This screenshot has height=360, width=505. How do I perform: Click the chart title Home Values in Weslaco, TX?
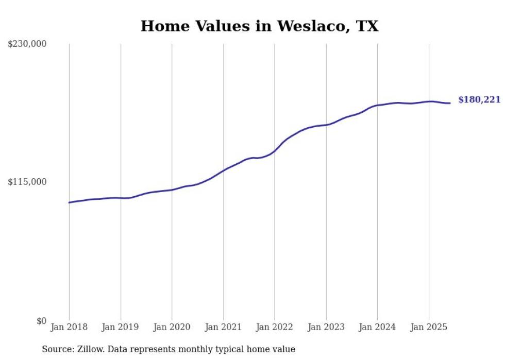[259, 26]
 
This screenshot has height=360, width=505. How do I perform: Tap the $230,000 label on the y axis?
[27, 44]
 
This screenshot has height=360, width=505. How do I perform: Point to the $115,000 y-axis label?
[27, 182]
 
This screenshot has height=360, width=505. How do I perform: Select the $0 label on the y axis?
[41, 321]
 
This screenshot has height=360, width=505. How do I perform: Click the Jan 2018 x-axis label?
[69, 327]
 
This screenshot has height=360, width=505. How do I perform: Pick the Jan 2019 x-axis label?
[121, 327]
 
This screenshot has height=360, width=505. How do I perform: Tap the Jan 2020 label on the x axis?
[172, 327]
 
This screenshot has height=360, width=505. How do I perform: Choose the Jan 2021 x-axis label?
[223, 327]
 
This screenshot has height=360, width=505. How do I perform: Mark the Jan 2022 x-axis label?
[275, 327]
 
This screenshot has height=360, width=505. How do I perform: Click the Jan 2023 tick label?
[326, 327]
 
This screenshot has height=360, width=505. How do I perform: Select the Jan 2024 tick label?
[377, 327]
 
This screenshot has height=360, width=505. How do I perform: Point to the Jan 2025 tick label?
[428, 327]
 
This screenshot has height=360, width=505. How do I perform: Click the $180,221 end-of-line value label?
[479, 100]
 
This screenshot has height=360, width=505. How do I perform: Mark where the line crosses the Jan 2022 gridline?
[275, 150]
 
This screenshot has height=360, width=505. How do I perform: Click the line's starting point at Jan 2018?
[69, 202]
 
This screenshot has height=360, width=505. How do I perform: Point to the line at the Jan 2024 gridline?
[377, 105]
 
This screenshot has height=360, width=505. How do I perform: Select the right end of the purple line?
[450, 103]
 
